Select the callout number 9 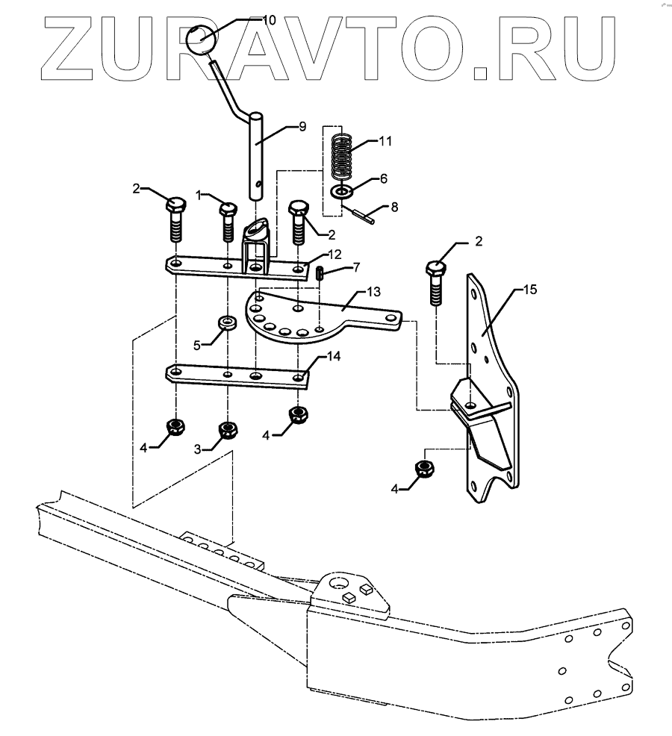click(x=302, y=127)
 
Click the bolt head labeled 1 click(x=228, y=207)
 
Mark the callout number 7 click(x=355, y=266)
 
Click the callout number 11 click(x=385, y=140)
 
